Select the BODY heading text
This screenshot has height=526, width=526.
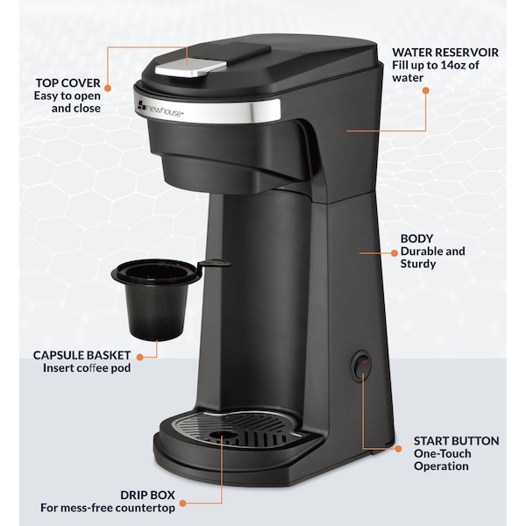418,238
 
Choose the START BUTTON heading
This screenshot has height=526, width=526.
456,440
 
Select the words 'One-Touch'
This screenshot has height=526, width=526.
444,453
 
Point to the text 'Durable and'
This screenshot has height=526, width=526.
433,252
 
